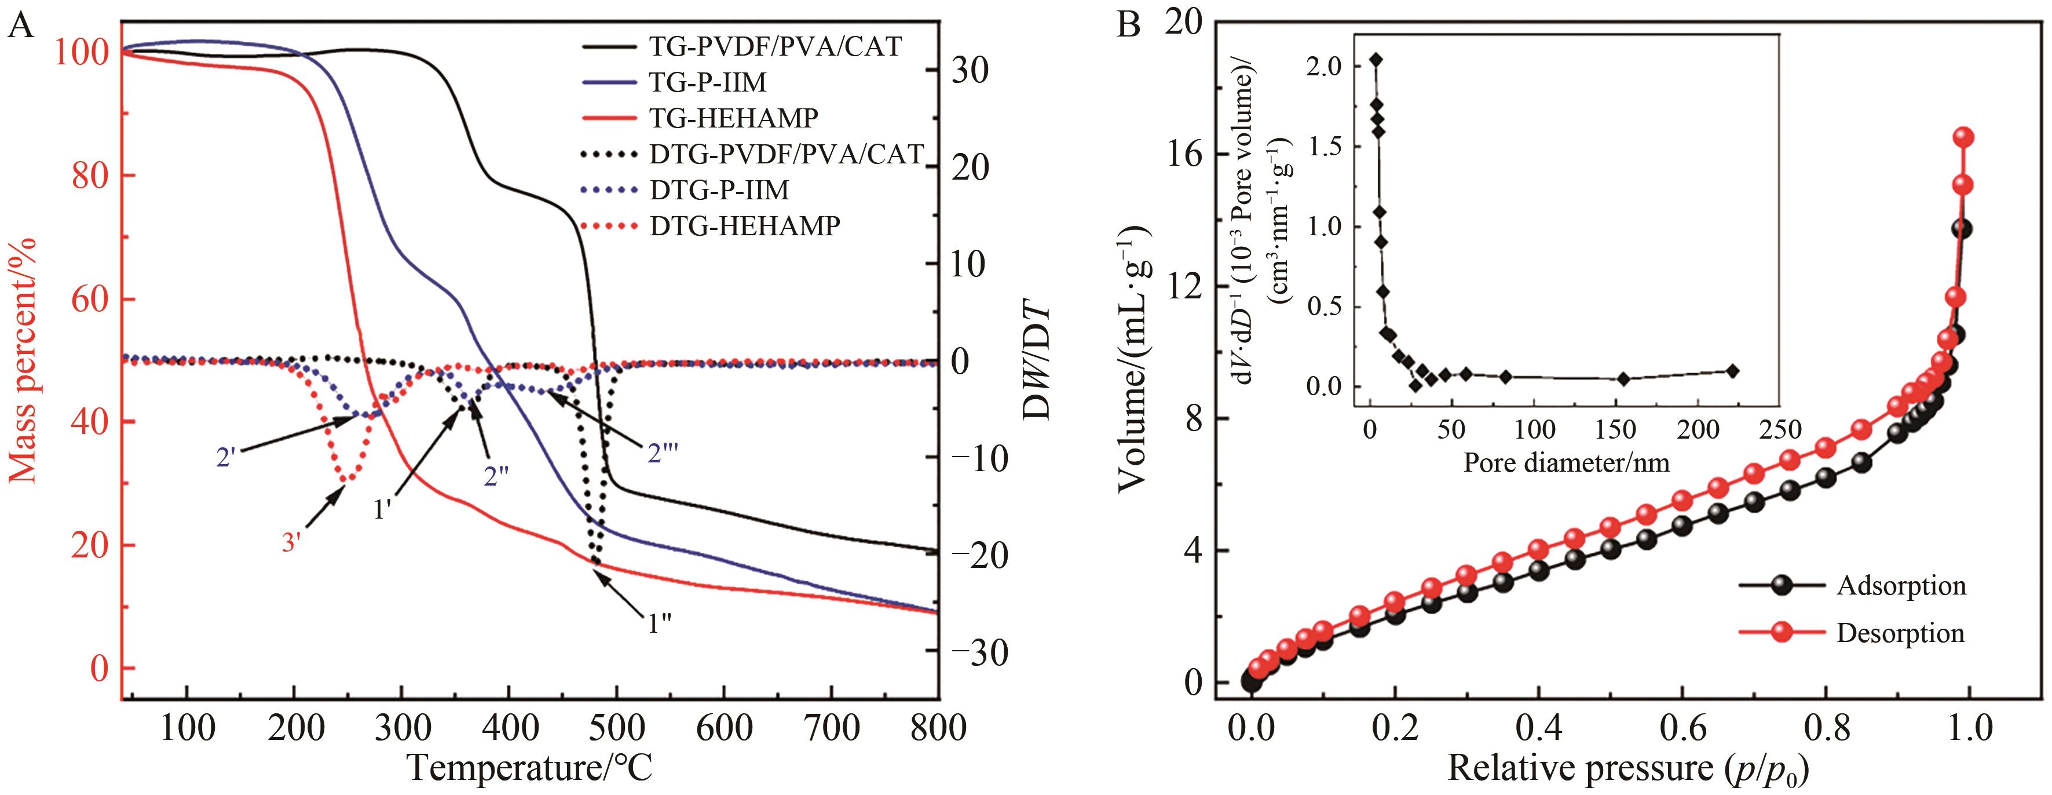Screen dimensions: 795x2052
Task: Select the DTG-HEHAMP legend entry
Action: pyautogui.click(x=745, y=226)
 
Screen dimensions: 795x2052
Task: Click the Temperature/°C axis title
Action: pyautogui.click(x=530, y=768)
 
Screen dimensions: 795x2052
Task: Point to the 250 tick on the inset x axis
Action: pyautogui.click(x=1780, y=430)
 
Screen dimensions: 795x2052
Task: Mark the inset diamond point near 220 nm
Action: pyautogui.click(x=1732, y=370)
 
